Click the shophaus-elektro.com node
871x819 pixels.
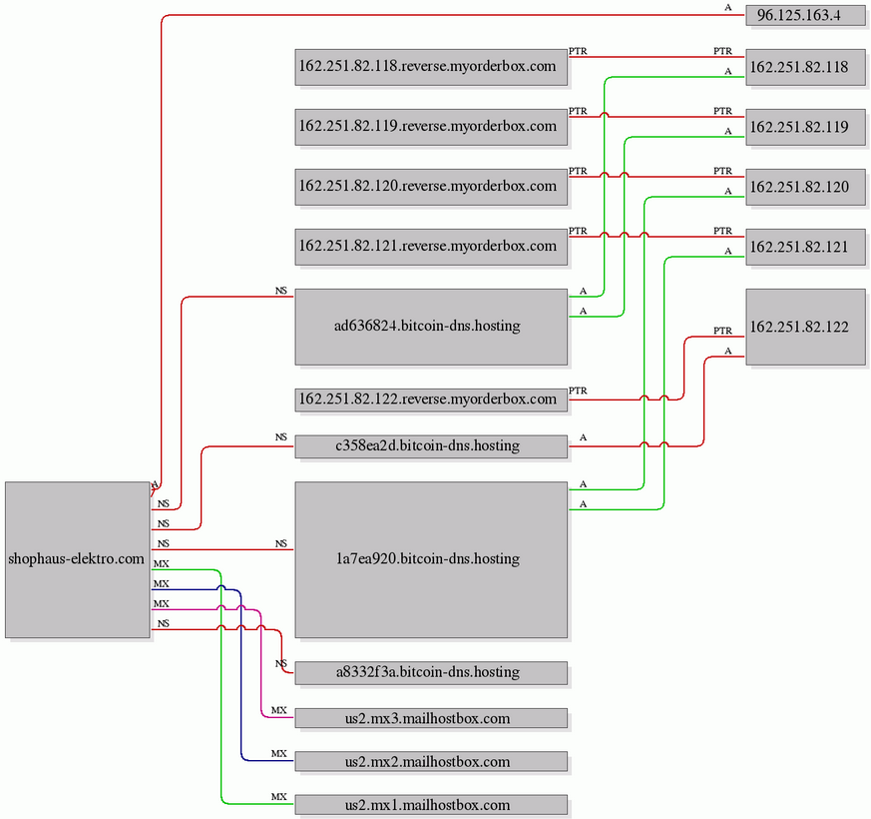point(78,559)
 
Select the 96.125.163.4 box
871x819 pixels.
point(805,16)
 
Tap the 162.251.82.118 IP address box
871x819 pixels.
point(805,67)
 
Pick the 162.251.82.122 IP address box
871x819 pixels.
point(805,327)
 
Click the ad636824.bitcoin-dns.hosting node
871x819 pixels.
point(431,327)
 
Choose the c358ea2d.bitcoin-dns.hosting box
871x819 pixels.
point(431,446)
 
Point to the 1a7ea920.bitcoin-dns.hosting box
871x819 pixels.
point(431,559)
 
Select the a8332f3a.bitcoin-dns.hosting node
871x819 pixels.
point(431,673)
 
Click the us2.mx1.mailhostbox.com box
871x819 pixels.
point(431,805)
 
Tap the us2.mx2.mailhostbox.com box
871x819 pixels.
point(431,762)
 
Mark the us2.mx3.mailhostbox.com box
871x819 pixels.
point(431,718)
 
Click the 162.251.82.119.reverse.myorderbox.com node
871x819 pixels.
point(431,127)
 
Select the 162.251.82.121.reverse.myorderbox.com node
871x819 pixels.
point(431,247)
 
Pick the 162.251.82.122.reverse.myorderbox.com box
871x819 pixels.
point(431,400)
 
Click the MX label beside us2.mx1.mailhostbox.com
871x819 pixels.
point(278,797)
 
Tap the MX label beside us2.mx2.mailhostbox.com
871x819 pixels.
point(278,753)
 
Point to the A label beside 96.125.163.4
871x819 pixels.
point(727,8)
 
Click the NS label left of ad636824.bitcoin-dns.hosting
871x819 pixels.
point(281,291)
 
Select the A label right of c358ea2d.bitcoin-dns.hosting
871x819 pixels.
point(583,437)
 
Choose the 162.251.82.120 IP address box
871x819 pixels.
point(805,188)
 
